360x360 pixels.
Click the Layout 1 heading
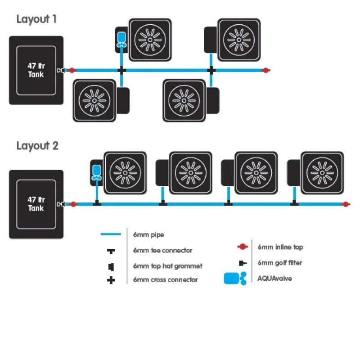pyautogui.click(x=36, y=19)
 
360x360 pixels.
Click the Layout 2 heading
pyautogui.click(x=37, y=146)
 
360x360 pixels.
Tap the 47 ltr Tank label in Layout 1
pyautogui.click(x=36, y=70)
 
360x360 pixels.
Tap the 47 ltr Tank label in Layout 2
pyautogui.click(x=36, y=204)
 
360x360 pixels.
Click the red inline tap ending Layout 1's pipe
pyautogui.click(x=266, y=70)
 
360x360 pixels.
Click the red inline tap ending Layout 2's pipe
pyautogui.click(x=346, y=204)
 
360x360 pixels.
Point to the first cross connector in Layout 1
pyautogui.click(x=121, y=70)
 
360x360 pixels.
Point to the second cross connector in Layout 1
pyautogui.click(x=211, y=70)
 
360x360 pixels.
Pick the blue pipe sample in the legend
pyautogui.click(x=110, y=234)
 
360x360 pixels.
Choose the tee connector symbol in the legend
pyautogui.click(x=111, y=250)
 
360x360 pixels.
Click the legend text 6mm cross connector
pyautogui.click(x=165, y=280)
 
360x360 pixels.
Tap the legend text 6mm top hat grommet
pyautogui.click(x=167, y=266)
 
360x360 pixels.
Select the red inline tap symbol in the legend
pyautogui.click(x=243, y=247)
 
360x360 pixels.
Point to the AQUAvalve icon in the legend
pyautogui.click(x=235, y=279)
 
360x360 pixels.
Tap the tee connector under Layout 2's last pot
pyautogui.click(x=294, y=204)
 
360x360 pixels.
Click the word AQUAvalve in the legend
pyautogui.click(x=275, y=279)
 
